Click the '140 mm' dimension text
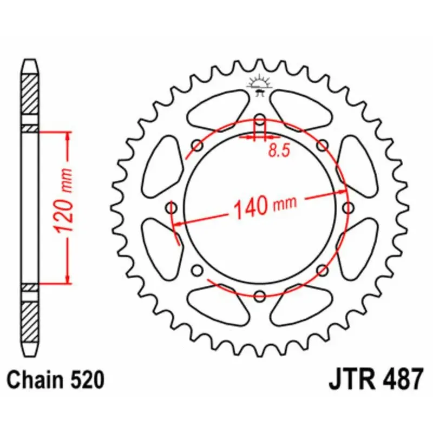tap(265, 206)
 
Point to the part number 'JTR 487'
tap(375, 380)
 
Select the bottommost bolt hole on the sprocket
tap(260, 296)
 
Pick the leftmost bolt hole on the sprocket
tap(172, 208)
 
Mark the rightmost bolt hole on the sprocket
tap(348, 208)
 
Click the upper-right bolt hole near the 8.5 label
tap(323, 145)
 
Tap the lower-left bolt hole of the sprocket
tap(198, 270)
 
